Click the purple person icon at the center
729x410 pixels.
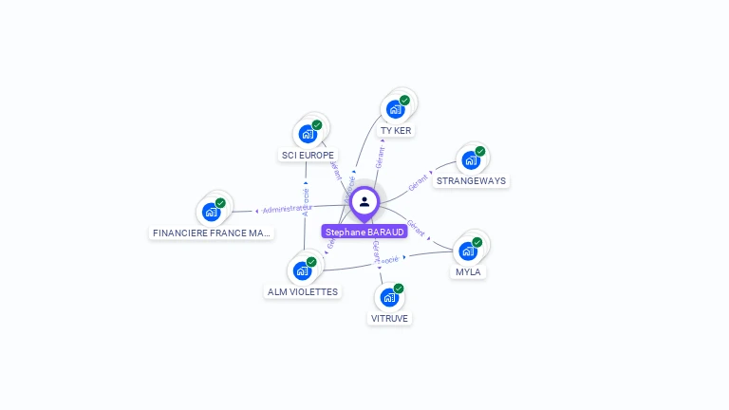coord(364,201)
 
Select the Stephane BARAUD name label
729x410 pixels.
coord(364,232)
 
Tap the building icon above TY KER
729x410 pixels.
coord(396,108)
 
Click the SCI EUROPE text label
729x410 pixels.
coord(308,155)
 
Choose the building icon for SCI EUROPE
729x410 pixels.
coord(308,134)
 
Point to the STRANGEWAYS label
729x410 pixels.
coord(471,180)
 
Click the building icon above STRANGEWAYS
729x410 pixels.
coord(471,159)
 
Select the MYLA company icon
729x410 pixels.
coord(468,251)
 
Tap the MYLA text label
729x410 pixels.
coord(468,272)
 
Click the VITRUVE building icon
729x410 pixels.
coord(389,297)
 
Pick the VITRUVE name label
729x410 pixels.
coord(389,319)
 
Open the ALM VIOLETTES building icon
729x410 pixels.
coord(303,270)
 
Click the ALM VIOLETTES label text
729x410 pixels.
coord(303,292)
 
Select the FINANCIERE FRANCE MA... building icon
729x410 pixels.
coord(212,211)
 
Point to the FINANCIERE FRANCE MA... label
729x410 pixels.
coord(212,233)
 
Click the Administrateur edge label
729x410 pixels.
coord(287,209)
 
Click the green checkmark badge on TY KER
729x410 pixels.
coord(405,100)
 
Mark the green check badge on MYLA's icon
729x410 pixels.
coord(477,242)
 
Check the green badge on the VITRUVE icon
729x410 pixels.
coord(399,288)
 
